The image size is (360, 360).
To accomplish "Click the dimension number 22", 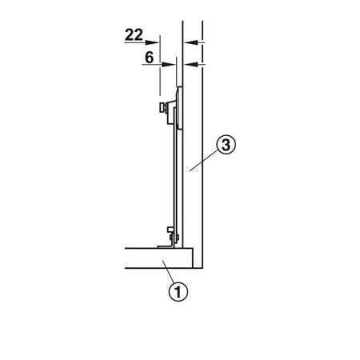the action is tap(134, 35).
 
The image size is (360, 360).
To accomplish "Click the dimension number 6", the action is tap(150, 58).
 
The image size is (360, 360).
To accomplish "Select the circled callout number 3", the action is tap(226, 145).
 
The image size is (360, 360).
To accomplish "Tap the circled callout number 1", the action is tap(178, 291).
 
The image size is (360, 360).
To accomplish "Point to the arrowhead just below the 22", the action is tap(152, 42).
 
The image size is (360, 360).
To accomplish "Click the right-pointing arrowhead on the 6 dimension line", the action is tap(169, 64).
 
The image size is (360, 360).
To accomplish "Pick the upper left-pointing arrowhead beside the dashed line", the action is tap(191, 42).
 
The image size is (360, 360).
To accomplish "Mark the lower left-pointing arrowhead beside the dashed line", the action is tap(191, 64).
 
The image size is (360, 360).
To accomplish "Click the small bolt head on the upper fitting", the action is tap(162, 108).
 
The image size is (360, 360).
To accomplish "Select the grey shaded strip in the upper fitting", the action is tap(178, 108).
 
